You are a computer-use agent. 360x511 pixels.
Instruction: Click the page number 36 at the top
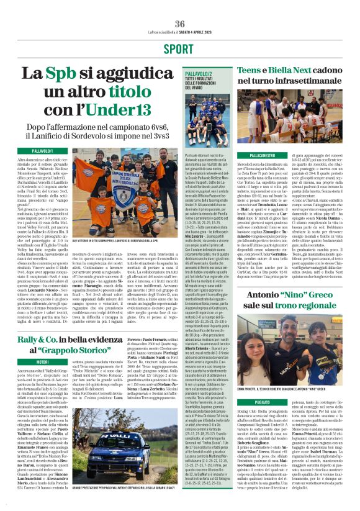pos(180,24)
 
